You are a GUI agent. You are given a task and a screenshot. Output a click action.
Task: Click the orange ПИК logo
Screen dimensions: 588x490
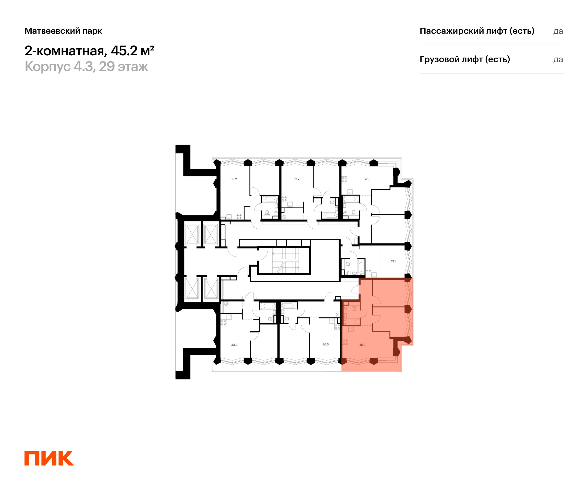pyautogui.click(x=49, y=458)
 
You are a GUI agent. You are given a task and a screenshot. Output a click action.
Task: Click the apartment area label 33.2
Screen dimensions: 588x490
pyautogui.click(x=233, y=179)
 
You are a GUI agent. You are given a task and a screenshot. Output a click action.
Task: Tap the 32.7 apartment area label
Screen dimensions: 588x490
pyautogui.click(x=296, y=179)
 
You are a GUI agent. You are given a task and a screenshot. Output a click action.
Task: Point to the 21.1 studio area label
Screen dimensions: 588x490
pyautogui.click(x=393, y=261)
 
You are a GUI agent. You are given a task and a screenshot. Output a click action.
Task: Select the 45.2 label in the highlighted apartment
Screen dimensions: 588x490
pyautogui.click(x=362, y=345)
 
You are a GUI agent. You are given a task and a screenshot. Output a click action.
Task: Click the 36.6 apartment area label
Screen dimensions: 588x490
pyautogui.click(x=325, y=344)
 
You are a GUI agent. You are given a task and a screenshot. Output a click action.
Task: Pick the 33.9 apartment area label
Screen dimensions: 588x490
pyautogui.click(x=234, y=345)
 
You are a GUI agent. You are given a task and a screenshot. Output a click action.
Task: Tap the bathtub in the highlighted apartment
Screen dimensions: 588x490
pyautogui.click(x=351, y=322)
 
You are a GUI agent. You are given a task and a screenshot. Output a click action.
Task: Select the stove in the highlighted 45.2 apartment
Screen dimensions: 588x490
pyautogui.click(x=345, y=342)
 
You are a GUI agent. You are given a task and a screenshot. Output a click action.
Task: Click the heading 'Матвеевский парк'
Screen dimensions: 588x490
pyautogui.click(x=63, y=31)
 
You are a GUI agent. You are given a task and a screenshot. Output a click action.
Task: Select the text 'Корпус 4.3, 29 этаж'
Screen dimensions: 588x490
pyautogui.click(x=86, y=67)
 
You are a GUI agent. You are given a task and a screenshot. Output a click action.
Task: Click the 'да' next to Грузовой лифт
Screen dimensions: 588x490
pyautogui.click(x=558, y=60)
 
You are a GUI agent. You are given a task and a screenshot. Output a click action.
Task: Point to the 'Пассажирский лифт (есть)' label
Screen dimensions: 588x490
pyautogui.click(x=477, y=31)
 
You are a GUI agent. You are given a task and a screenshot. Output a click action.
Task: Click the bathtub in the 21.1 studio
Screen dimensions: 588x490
pyautogui.click(x=361, y=267)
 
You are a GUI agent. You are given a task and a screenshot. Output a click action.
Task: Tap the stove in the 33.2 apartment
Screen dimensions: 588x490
pyautogui.click(x=239, y=216)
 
